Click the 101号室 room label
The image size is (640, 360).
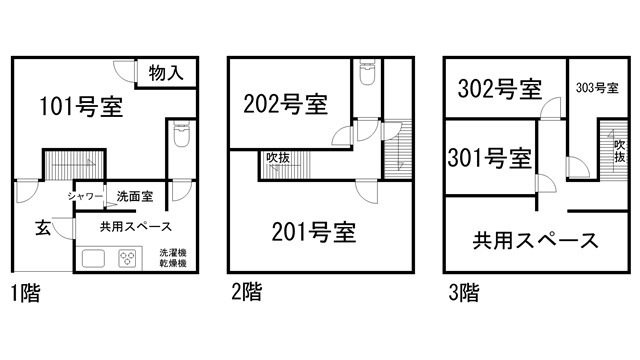(81, 107)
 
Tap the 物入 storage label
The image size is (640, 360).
(165, 72)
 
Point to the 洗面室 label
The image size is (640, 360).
(134, 196)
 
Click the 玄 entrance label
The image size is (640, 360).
(44, 226)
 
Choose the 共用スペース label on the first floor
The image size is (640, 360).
(134, 226)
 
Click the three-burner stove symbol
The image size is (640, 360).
(129, 258)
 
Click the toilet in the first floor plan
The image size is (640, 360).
(181, 134)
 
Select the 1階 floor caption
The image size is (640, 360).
(27, 294)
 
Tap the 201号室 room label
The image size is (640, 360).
(314, 233)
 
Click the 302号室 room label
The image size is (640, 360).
(499, 89)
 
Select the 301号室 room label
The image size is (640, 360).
(489, 157)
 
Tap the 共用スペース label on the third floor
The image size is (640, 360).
(535, 240)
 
